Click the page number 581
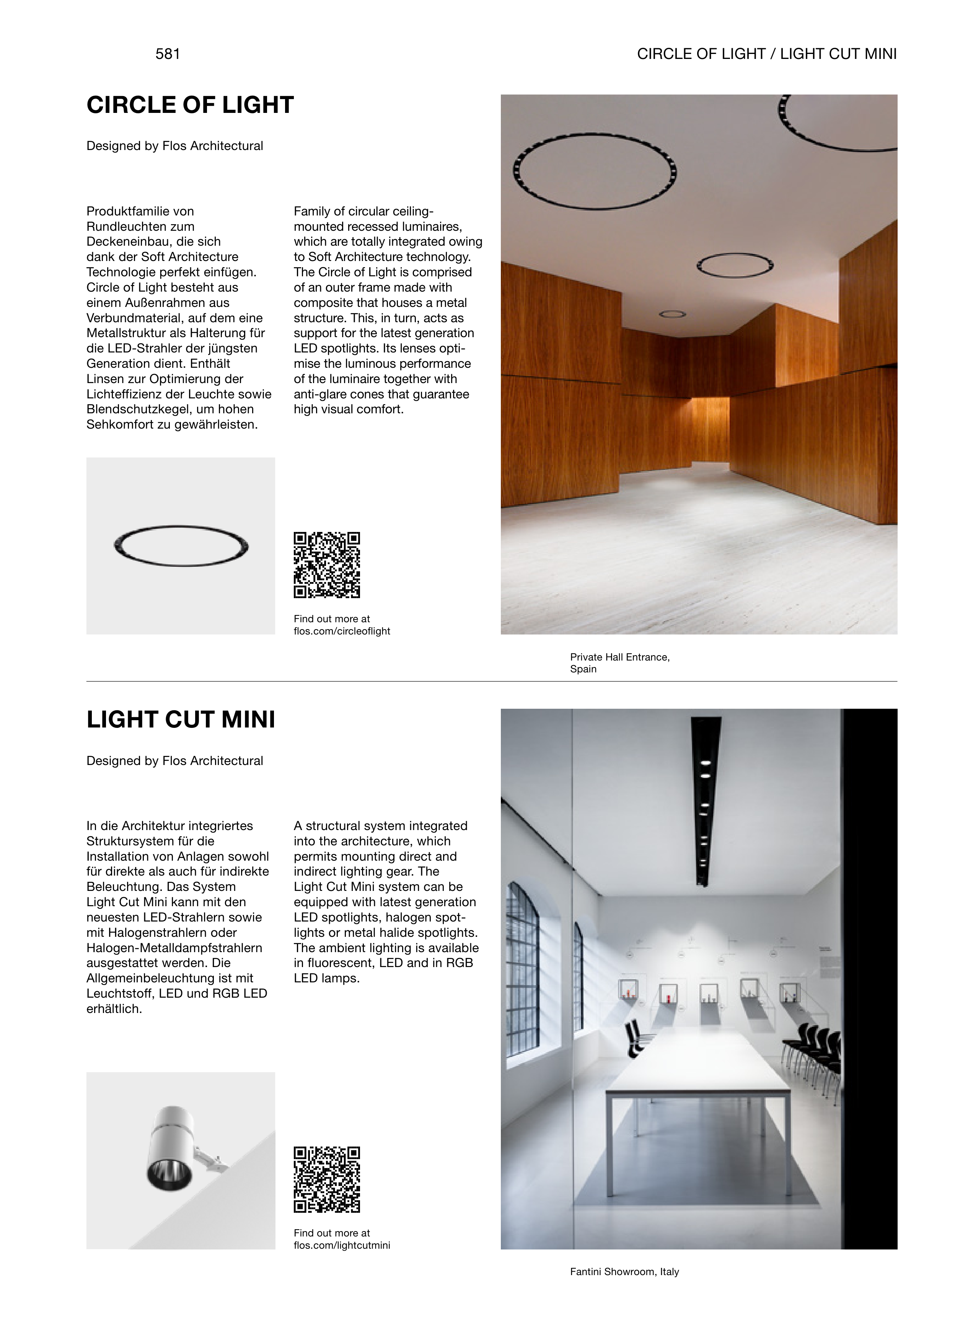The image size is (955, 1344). click(168, 54)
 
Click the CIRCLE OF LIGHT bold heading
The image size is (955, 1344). click(190, 105)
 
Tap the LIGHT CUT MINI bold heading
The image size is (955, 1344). click(181, 720)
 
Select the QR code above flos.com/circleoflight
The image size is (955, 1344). click(327, 565)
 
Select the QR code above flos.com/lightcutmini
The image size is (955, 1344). click(327, 1179)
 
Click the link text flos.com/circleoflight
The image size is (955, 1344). click(342, 631)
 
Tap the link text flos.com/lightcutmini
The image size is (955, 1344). click(342, 1245)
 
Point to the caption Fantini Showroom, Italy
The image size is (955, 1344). click(624, 1272)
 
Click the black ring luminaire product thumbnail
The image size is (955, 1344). click(181, 546)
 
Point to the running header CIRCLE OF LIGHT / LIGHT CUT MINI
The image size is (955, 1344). click(767, 54)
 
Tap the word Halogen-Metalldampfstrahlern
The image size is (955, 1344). click(174, 948)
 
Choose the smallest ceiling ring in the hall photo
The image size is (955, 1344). click(673, 315)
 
